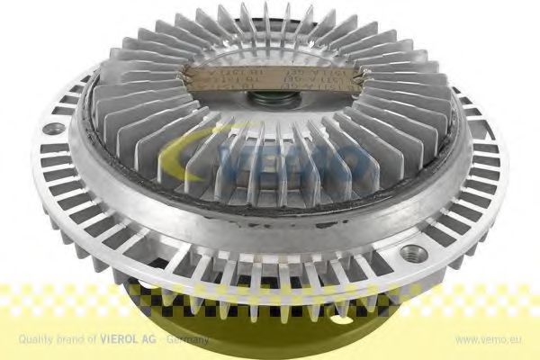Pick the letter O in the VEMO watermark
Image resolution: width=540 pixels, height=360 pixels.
[x=354, y=165]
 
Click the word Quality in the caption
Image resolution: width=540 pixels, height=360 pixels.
[x=31, y=339]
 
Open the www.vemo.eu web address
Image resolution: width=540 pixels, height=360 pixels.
[x=489, y=339]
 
